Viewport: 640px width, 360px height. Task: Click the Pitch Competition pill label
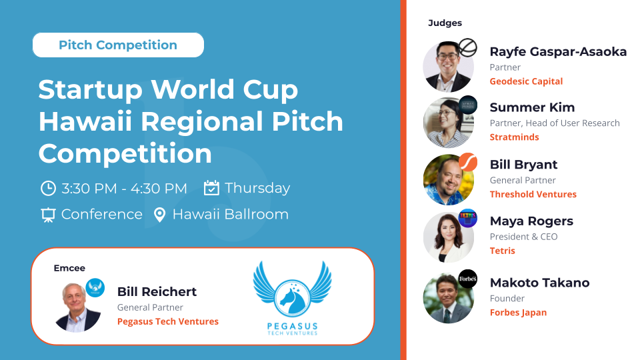[118, 45]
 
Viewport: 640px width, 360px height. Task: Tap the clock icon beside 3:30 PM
[48, 188]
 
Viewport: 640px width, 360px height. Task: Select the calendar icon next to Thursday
[211, 188]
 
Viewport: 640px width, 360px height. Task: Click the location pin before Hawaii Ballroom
[159, 215]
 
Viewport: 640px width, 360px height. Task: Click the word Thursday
[257, 188]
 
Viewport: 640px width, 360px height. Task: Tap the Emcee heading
[69, 268]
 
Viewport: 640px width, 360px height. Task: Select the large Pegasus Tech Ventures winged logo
[292, 299]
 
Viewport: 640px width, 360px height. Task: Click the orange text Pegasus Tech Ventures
[168, 321]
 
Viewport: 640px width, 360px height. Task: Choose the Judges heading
[445, 23]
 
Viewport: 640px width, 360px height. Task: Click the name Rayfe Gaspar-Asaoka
[558, 52]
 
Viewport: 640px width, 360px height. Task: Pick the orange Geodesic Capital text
[526, 81]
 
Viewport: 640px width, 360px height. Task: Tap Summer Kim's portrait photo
[448, 122]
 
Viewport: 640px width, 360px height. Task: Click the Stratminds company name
[514, 137]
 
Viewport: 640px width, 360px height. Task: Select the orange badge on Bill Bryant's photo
[468, 162]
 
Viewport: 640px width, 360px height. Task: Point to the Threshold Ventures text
[533, 194]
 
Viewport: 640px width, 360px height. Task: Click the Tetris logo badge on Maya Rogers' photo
[468, 219]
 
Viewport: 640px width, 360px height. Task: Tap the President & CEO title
[524, 237]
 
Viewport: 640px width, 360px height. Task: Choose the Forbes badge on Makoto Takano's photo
[468, 279]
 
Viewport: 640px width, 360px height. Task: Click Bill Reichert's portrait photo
[77, 307]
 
